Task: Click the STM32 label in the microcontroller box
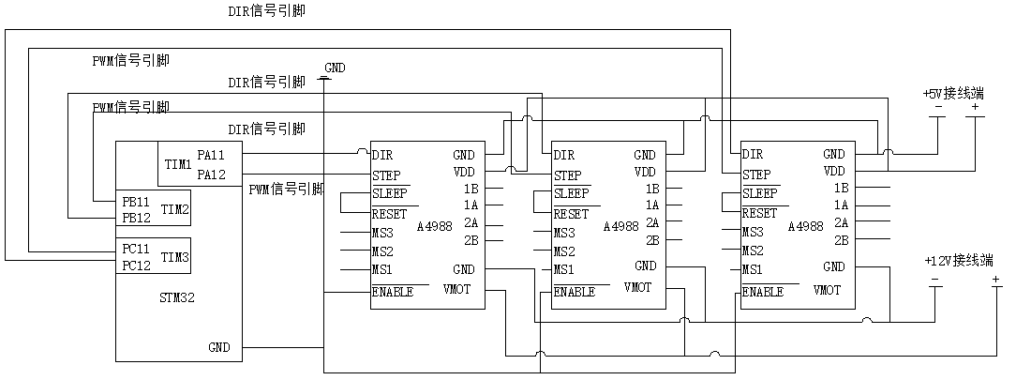[x=177, y=297]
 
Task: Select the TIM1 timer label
[x=178, y=164]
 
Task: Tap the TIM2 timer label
[x=175, y=209]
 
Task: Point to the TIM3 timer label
[x=175, y=256]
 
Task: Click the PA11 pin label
[x=212, y=154]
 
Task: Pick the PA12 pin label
[x=212, y=175]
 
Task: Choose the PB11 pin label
[x=137, y=201]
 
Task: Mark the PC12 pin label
[x=137, y=266]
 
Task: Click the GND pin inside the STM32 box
[x=219, y=347]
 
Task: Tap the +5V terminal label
[x=953, y=94]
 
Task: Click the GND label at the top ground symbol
[x=335, y=68]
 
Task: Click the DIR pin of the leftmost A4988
[x=382, y=155]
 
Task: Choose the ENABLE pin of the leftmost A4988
[x=393, y=292]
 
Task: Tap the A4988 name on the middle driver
[x=621, y=226]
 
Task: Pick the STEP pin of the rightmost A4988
[x=757, y=175]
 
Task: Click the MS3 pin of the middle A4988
[x=564, y=233]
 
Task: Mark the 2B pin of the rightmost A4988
[x=841, y=240]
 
